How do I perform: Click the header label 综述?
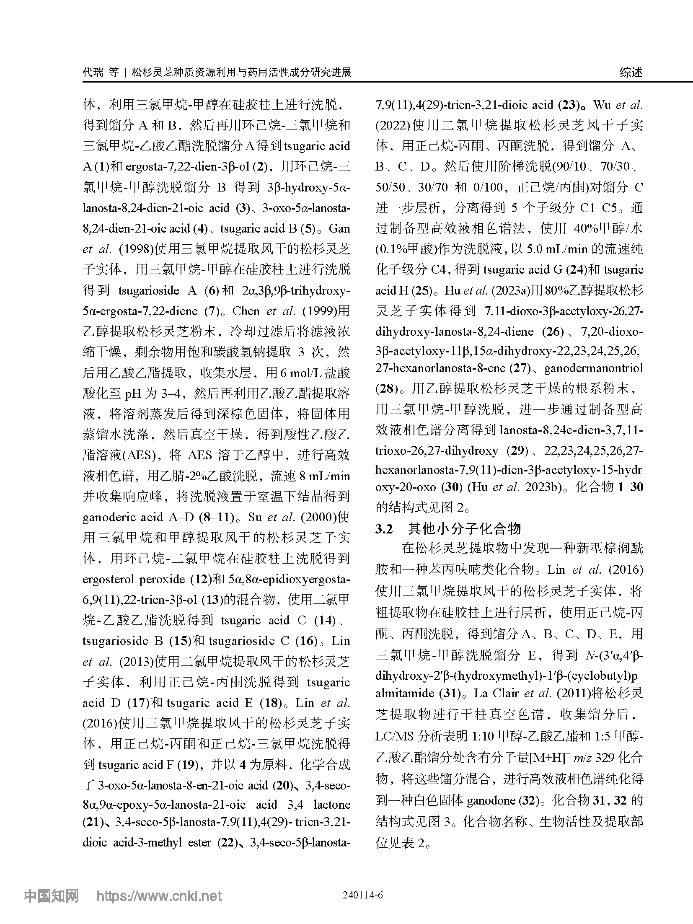pyautogui.click(x=631, y=72)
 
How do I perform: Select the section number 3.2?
pyautogui.click(x=384, y=529)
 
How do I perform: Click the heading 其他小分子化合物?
pyautogui.click(x=465, y=529)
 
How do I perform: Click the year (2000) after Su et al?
pyautogui.click(x=318, y=517)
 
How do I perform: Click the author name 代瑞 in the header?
pyautogui.click(x=93, y=72)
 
